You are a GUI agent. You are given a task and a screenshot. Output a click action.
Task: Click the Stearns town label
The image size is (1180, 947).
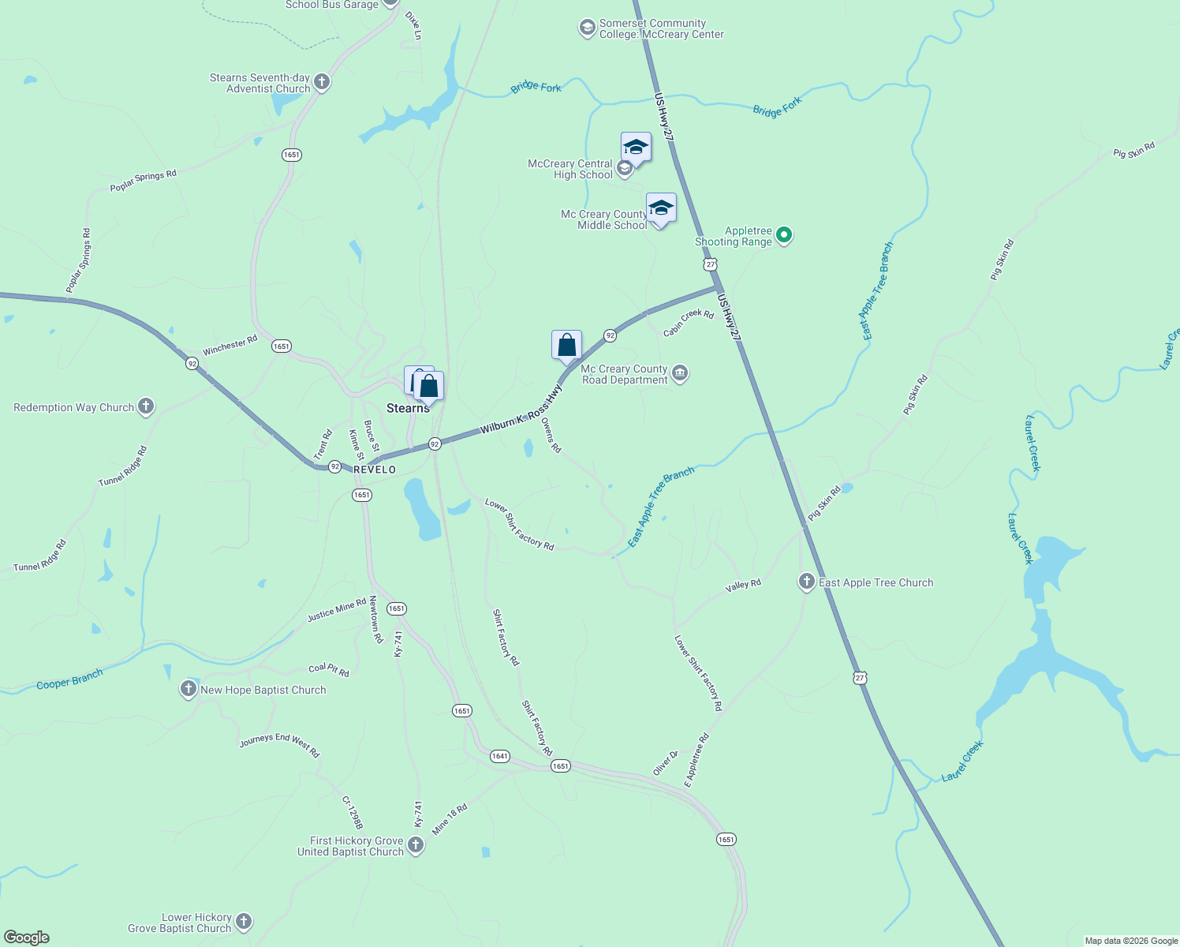click(408, 408)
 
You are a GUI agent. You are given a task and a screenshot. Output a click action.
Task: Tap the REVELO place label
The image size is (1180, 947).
click(375, 470)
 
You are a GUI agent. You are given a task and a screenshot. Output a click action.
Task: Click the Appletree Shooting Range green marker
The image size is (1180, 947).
click(784, 234)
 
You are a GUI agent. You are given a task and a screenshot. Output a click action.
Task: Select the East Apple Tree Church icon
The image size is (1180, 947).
click(806, 582)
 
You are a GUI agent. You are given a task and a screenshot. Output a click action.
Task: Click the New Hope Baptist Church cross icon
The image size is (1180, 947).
click(189, 689)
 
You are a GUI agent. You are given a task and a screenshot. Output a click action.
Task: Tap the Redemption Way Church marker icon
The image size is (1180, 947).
click(146, 406)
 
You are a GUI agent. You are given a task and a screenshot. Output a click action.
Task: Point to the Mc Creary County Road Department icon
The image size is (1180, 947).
click(680, 373)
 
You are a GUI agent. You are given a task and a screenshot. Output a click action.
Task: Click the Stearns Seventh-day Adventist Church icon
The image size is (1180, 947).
click(321, 82)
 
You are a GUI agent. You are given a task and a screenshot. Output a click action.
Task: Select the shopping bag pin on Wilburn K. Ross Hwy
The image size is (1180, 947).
click(566, 346)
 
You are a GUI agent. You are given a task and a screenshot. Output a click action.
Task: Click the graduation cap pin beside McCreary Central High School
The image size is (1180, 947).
click(636, 147)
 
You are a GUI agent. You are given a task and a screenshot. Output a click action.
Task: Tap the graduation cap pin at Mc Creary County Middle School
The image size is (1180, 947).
click(661, 208)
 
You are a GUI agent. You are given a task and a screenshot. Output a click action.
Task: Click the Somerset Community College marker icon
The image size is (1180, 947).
click(587, 28)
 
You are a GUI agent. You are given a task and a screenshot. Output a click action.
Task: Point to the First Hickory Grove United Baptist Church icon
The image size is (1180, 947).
click(415, 846)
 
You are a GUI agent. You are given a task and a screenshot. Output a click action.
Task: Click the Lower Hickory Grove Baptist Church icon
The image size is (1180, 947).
click(244, 922)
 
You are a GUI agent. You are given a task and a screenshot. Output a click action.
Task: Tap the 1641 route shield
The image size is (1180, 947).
click(499, 756)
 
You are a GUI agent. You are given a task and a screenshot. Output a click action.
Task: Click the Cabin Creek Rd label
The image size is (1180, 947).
click(689, 323)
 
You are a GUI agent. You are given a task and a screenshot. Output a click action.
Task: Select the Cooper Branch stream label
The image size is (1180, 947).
click(69, 679)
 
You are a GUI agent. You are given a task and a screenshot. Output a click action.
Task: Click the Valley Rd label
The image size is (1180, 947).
click(743, 586)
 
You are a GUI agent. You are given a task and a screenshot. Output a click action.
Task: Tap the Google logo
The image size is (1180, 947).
click(27, 938)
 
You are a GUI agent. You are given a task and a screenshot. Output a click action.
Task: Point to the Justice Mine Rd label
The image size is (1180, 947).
click(337, 609)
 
